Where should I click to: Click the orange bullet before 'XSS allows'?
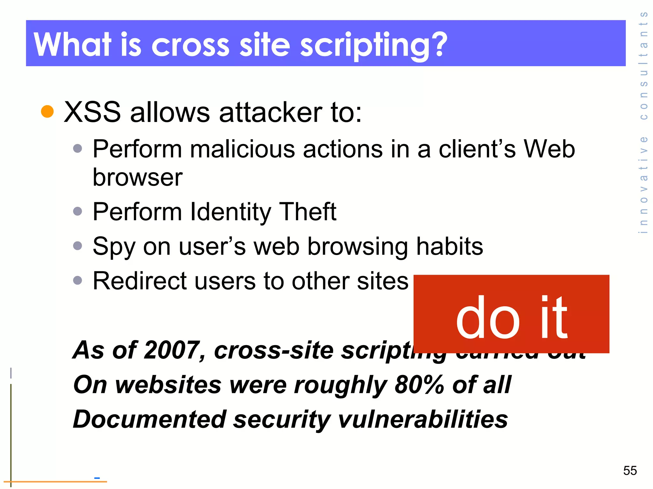pyautogui.click(x=48, y=111)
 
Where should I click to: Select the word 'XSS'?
pyautogui.click(x=92, y=112)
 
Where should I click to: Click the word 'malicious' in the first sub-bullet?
pyautogui.click(x=242, y=149)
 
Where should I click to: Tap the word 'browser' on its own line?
pyautogui.click(x=137, y=177)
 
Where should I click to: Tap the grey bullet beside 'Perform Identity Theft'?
pyautogui.click(x=77, y=211)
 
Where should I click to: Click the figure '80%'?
pyautogui.click(x=419, y=385)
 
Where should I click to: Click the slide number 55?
pyautogui.click(x=630, y=471)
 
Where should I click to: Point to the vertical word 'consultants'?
pyautogui.click(x=644, y=65)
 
